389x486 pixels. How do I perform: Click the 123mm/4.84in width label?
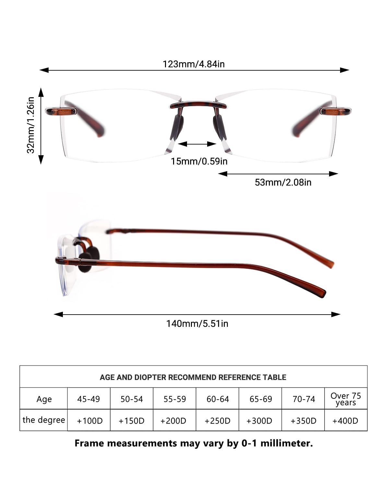194,64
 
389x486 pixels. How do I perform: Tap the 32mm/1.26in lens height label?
31,125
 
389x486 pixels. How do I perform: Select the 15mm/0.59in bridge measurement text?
199,161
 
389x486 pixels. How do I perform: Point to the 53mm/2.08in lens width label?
283,182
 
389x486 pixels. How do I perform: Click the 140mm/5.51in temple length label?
197,324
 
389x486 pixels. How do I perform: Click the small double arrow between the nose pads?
197,144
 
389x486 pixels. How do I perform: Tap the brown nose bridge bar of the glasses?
198,105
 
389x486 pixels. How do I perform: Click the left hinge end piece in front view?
61,111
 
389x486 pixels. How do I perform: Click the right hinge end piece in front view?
336,111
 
